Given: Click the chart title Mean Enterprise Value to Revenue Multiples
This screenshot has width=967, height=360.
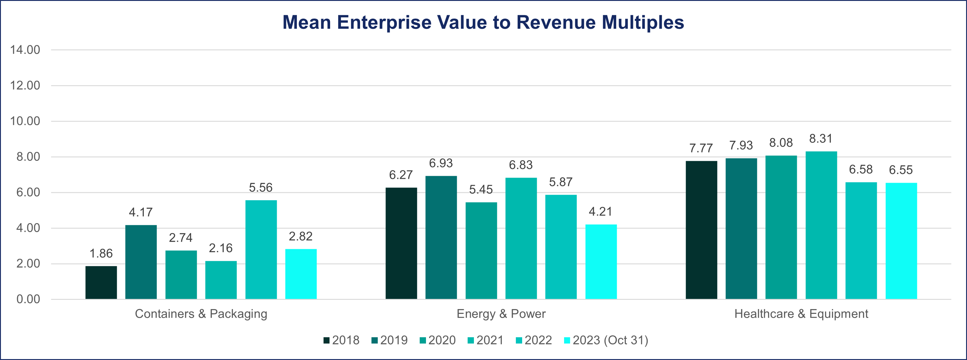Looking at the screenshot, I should click(483, 22).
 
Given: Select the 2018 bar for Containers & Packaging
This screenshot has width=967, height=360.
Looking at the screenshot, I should click(101, 282).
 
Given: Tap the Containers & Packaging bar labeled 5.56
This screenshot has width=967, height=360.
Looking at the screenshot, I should click(261, 250).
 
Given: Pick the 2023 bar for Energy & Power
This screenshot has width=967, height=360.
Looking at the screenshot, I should click(601, 262).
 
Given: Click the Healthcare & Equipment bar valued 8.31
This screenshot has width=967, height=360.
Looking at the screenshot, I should click(821, 225).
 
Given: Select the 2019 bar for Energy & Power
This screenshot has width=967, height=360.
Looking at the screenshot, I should click(441, 237).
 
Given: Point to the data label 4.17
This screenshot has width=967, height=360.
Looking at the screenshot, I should click(141, 212).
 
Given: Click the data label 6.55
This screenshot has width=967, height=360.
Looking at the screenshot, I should click(900, 170).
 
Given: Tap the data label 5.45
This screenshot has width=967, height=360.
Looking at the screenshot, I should click(481, 190).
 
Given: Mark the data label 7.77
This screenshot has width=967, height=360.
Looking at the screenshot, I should click(701, 148).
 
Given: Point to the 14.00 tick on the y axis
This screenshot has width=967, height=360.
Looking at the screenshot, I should click(25, 50).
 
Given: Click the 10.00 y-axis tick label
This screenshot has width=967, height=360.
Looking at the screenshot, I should click(25, 121).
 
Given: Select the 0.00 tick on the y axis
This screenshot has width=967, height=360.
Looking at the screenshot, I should click(28, 299).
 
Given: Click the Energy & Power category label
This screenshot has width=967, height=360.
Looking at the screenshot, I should click(501, 314).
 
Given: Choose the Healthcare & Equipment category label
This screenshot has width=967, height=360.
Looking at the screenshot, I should click(801, 314).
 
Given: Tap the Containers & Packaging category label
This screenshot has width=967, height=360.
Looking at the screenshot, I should click(201, 314).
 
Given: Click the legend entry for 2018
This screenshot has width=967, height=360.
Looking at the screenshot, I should click(341, 340).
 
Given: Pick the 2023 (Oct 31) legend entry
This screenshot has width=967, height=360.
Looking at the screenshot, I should click(606, 340).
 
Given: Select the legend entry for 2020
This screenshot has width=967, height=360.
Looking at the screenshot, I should click(437, 340).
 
